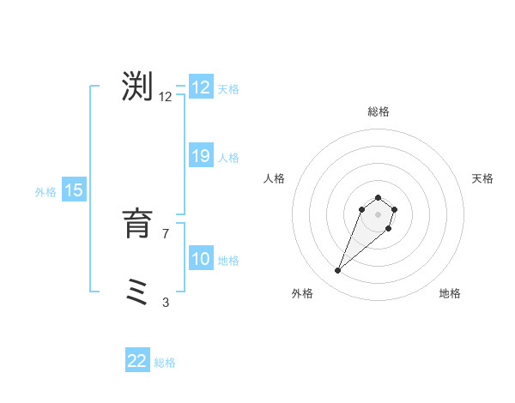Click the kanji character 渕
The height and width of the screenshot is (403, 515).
click(137, 87)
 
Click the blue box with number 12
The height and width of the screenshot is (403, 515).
click(201, 87)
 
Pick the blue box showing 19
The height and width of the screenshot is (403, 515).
click(201, 156)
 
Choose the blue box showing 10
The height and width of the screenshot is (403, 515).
click(201, 259)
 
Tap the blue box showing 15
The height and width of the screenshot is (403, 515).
click(74, 190)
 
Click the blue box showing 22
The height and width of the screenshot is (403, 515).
click(137, 361)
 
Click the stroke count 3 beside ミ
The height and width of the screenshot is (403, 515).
click(165, 302)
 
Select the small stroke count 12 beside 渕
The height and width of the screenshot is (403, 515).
click(165, 97)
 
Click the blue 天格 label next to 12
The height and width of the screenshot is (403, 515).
click(228, 89)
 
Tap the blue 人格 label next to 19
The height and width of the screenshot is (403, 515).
click(228, 158)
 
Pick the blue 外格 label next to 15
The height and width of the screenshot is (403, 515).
click(45, 192)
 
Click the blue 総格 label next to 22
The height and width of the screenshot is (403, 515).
click(165, 363)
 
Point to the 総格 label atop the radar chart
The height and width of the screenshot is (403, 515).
click(378, 111)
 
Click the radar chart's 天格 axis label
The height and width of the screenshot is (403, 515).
click(482, 178)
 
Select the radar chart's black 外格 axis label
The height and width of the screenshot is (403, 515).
click(302, 293)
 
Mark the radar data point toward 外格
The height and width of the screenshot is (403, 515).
click(338, 271)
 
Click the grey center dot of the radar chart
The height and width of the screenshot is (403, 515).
click(378, 214)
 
